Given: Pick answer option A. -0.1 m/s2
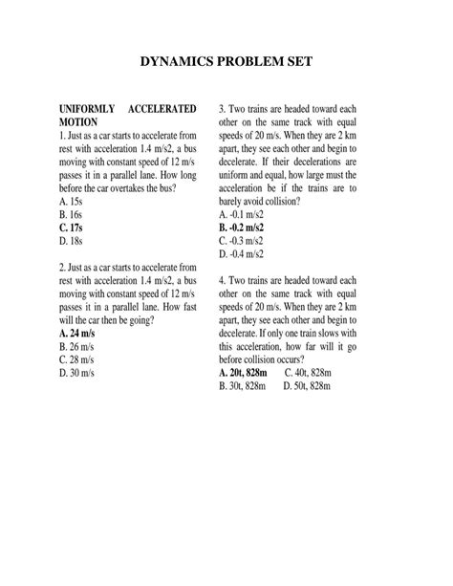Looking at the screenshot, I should (245, 216).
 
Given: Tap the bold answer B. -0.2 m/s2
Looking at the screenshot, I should (245, 229).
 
